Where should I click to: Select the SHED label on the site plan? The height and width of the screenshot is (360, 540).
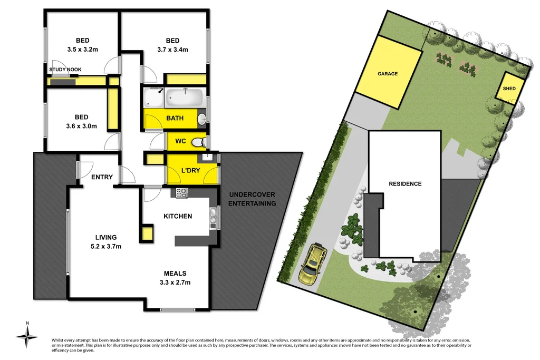point(509,89)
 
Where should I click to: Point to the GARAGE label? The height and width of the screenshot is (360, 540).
point(388,74)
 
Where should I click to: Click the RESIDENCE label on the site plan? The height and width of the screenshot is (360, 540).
point(405,184)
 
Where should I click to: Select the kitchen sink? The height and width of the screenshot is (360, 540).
point(213,217)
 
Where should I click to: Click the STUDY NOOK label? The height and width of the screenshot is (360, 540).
point(65,70)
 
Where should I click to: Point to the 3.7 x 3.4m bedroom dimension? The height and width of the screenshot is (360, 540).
point(172,50)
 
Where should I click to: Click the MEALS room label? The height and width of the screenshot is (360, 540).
point(175,274)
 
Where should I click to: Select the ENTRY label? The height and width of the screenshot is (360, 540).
point(102,177)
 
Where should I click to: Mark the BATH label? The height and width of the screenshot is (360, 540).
point(175,118)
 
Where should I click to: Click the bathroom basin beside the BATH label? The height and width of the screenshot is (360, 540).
point(201,119)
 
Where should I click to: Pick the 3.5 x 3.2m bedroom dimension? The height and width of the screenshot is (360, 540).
point(82,50)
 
